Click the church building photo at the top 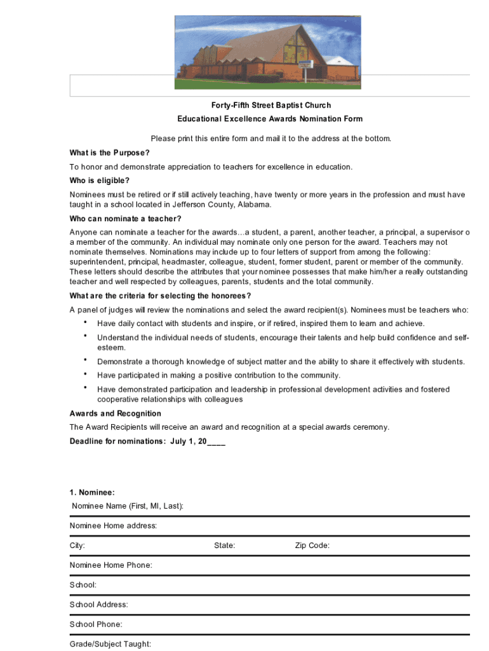tap(267, 52)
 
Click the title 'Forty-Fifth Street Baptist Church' tap(262, 105)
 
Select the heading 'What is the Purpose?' tap(109, 153)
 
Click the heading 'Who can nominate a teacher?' tap(121, 219)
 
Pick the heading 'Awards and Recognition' tap(115, 414)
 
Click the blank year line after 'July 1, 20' tap(216, 441)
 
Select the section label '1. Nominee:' tap(92, 492)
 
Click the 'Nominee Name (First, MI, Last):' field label tap(128, 506)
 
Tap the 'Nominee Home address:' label tap(113, 526)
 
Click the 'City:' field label tap(77, 545)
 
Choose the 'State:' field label tap(225, 545)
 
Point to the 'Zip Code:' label tap(312, 545)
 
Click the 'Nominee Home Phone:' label tap(111, 565)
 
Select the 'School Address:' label tap(98, 605)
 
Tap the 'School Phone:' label tap(96, 624)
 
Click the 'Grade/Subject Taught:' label tap(111, 644)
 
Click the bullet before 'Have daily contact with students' tap(85, 322)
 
